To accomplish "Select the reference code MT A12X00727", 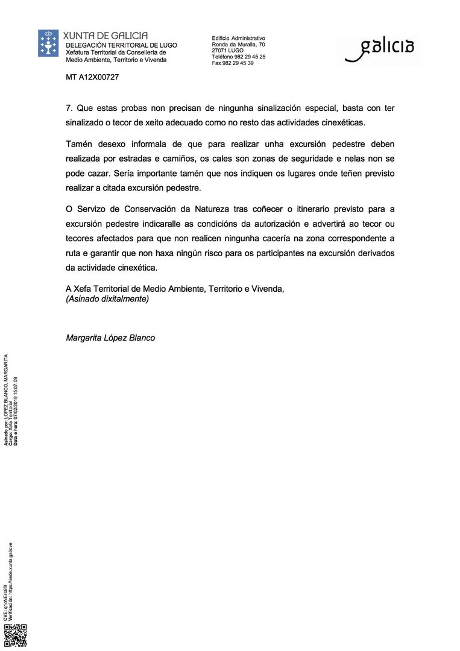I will (x=92, y=77).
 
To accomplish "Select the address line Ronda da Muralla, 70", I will (x=238, y=45).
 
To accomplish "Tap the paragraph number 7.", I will (x=68, y=108).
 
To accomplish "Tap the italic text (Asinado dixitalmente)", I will (x=107, y=298).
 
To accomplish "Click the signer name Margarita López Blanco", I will (x=110, y=338).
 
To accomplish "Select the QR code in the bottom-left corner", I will (x=15, y=635).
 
